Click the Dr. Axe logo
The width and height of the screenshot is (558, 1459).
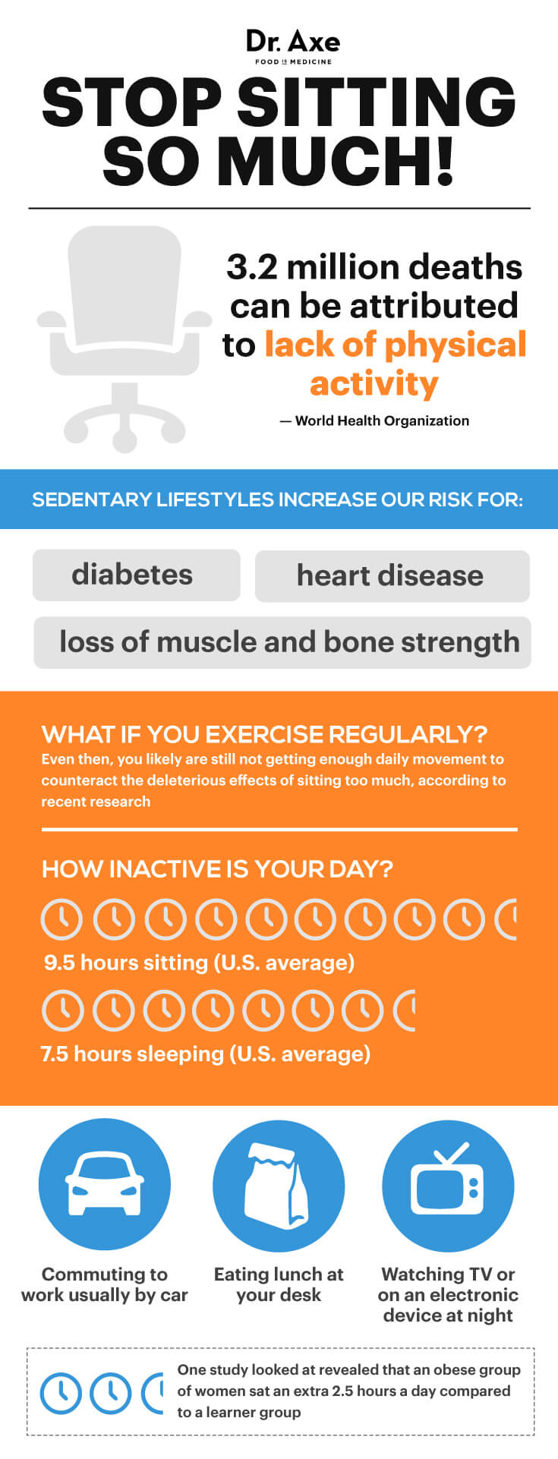(293, 46)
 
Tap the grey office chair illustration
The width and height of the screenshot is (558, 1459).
(125, 339)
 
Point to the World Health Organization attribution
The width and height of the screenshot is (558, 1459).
(374, 421)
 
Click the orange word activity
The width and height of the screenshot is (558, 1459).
(374, 383)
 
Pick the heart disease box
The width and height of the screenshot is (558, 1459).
(392, 575)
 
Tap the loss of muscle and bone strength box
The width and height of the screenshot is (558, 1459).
(282, 642)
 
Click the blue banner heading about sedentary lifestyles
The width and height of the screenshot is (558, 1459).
(278, 499)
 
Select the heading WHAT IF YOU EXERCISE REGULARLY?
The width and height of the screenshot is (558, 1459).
(264, 734)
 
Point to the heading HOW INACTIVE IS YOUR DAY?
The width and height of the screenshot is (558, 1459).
(217, 868)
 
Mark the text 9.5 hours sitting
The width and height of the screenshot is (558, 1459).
(126, 963)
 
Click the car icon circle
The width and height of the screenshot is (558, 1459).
(105, 1185)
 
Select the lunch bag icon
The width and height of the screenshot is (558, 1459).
(279, 1185)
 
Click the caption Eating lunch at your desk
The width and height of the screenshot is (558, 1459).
(279, 1284)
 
